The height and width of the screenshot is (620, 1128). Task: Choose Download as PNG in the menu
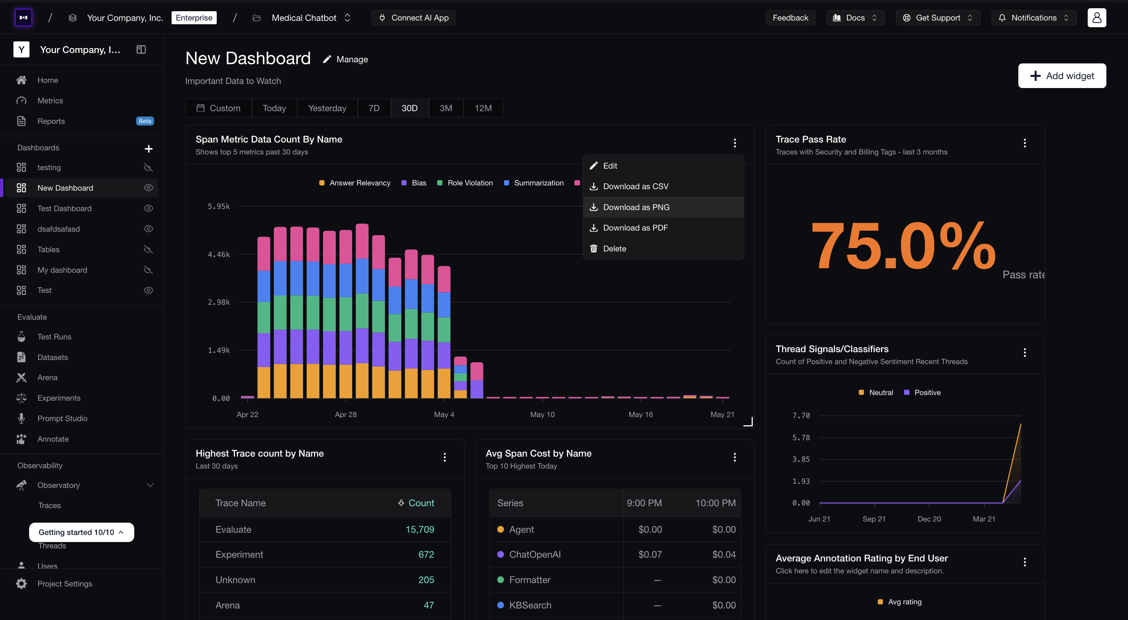(636, 207)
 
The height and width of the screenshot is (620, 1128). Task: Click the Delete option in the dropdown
(614, 249)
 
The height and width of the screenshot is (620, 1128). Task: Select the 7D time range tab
(374, 108)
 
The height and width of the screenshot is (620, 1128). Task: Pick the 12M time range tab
(483, 108)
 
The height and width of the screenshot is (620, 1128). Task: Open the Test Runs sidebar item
(54, 337)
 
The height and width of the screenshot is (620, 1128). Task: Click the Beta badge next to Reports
(145, 121)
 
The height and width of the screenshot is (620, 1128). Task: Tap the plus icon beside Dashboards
(148, 148)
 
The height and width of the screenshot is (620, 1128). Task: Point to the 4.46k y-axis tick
(219, 254)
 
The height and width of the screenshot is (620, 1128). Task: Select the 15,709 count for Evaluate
(420, 529)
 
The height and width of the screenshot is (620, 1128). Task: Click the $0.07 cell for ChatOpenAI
(650, 554)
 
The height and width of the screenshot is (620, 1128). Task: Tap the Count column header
(416, 503)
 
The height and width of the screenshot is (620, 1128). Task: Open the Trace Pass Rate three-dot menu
(1025, 143)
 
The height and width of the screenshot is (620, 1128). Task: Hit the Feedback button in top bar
(790, 18)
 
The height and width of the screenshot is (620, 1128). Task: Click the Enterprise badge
(194, 18)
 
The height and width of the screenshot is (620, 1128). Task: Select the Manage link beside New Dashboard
(345, 60)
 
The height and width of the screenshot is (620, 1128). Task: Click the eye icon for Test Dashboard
(148, 209)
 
